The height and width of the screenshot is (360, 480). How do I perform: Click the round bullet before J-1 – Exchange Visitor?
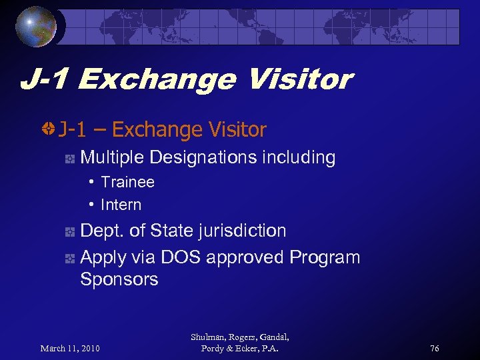coord(48,129)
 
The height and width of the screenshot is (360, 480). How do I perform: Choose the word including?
coord(298,158)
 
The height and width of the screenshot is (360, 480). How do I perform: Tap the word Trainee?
coord(127,182)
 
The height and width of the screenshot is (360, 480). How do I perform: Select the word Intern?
coord(121,205)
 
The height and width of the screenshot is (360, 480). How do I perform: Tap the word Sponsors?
coord(119,279)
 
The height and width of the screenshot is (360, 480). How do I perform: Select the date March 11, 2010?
coord(70,349)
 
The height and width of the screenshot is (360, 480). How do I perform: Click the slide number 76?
coord(435,349)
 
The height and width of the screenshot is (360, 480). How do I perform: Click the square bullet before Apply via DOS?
coord(69,259)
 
